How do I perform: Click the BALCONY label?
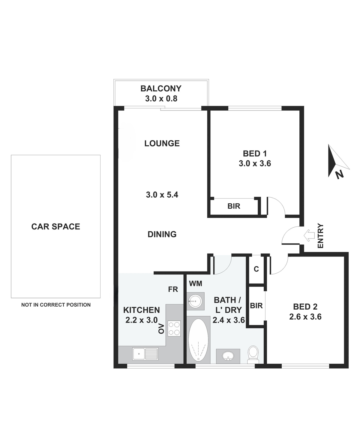pos(161,89)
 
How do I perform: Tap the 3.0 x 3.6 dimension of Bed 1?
pos(255,163)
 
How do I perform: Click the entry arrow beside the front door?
pos(309,235)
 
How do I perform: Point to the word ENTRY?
pos(320,236)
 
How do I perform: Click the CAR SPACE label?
pos(56,226)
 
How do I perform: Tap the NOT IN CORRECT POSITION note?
pos(56,305)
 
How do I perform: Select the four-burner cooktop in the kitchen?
pos(174,328)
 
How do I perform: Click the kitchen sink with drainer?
pos(145,354)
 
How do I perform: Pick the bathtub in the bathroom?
pos(198,340)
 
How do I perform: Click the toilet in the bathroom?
pos(253,354)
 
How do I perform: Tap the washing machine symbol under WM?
pos(195,301)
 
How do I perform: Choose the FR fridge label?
pos(173,289)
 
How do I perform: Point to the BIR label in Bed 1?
pos(234,206)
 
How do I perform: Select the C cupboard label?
pos(256,269)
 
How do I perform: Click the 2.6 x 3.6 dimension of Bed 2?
pos(305,317)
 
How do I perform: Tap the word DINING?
pos(162,234)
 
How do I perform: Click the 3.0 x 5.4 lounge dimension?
pos(162,195)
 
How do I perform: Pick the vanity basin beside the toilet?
pos(228,356)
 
